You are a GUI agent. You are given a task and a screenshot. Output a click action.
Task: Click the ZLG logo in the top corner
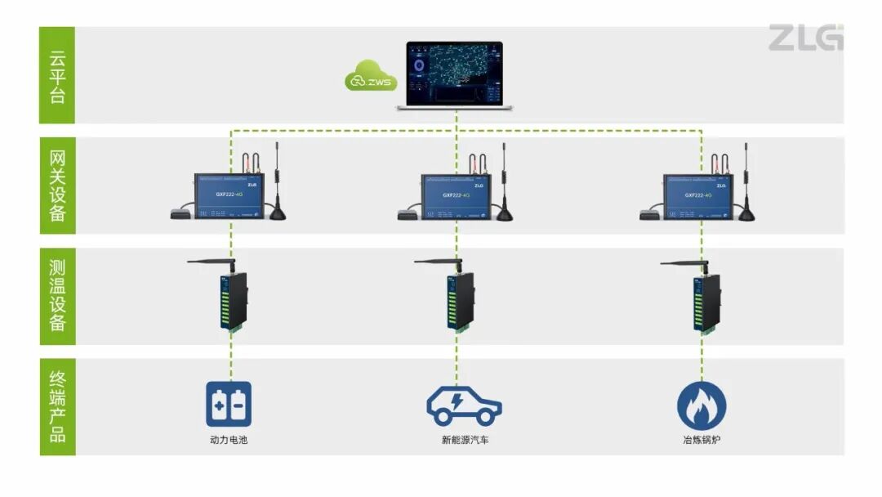804,38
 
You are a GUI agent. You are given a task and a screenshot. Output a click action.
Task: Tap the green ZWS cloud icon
370,78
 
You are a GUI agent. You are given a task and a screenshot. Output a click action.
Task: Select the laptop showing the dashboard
455,75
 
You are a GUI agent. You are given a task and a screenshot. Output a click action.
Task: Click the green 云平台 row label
57,75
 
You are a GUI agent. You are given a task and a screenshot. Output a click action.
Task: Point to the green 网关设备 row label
57,186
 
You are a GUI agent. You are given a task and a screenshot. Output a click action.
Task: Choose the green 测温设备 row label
57,296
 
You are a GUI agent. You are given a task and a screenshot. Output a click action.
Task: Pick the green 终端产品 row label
57,406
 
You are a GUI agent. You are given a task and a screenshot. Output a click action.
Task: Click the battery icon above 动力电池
229,404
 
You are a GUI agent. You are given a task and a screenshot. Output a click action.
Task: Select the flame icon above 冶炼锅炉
702,405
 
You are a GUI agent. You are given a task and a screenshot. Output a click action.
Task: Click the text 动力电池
229,441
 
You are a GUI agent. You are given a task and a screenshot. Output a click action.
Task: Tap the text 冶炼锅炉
702,441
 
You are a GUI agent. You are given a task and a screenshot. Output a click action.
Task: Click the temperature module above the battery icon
229,301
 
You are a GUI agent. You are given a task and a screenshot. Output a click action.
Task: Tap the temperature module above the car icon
457,301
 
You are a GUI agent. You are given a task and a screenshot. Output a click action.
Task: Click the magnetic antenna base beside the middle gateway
505,215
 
